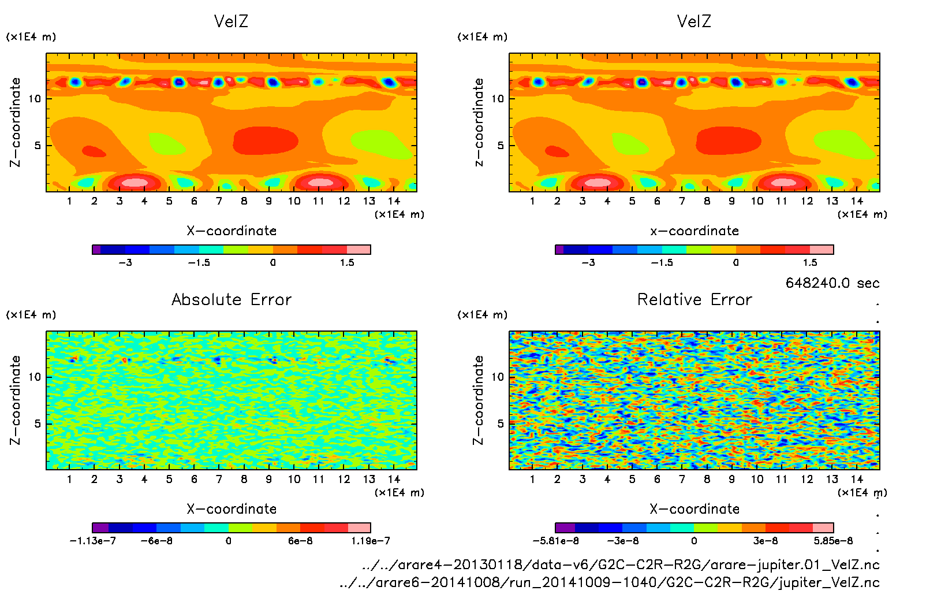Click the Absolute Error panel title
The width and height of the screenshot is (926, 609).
[x=231, y=299]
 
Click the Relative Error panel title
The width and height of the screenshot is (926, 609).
[x=694, y=299]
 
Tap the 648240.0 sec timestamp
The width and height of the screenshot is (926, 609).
[x=832, y=283]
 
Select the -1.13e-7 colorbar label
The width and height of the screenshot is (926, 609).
[x=92, y=541]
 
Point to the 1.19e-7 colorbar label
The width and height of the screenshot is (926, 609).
[x=370, y=541]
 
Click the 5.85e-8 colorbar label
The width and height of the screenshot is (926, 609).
[x=833, y=541]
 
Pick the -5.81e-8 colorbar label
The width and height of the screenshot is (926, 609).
[x=555, y=541]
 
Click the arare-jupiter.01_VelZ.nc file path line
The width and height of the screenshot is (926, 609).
[x=621, y=565]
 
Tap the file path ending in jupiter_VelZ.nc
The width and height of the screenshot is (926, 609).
[x=610, y=582]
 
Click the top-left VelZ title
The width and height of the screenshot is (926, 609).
[x=231, y=21]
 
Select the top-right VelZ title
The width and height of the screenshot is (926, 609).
[x=694, y=21]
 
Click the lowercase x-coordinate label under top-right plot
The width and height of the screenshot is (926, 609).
[x=694, y=231]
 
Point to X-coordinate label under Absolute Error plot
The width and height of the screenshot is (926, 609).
[x=231, y=509]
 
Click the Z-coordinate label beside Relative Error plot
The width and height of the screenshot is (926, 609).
[x=478, y=400]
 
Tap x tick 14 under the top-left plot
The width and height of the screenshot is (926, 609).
[x=394, y=201]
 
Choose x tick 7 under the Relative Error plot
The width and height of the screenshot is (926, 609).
[x=682, y=479]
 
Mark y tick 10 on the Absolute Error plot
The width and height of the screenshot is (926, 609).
[x=35, y=377]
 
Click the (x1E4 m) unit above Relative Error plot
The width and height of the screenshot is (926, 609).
[x=482, y=315]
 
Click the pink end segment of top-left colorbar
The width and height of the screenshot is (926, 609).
[x=359, y=250]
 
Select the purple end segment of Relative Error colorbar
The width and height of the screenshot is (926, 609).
[x=565, y=528]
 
